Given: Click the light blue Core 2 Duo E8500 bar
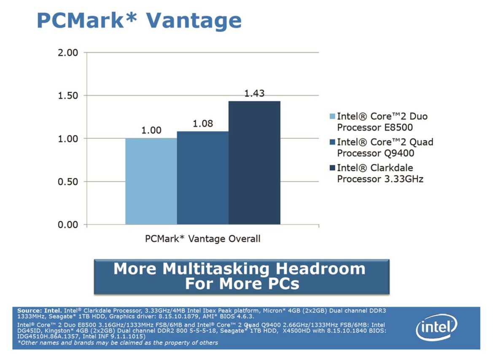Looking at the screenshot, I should coord(151,181).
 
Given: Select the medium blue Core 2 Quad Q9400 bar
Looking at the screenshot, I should coord(202,177).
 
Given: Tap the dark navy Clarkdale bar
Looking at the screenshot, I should coord(254,163).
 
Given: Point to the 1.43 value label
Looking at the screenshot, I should coord(254,93).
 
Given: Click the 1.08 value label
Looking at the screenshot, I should coord(203,124).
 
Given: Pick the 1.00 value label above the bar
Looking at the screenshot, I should coord(151,131).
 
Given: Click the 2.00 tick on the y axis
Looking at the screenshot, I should coord(68,53).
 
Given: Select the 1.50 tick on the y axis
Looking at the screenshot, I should coord(68,96).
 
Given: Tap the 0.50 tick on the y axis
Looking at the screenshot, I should coord(68,182).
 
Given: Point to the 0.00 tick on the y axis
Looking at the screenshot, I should coord(68,225).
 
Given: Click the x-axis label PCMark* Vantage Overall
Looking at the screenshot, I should coord(202,239).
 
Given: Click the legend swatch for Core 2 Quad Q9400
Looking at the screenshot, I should coord(332,142).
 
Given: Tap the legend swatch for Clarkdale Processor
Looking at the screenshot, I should coord(332,168).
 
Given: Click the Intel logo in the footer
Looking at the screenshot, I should coord(436,328).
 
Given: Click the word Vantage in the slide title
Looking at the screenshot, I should coord(194,20).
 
